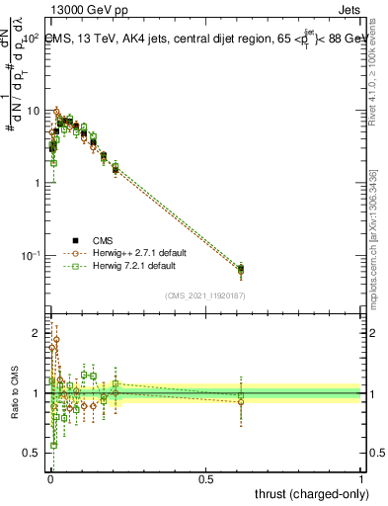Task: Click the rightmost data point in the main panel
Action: click(241, 268)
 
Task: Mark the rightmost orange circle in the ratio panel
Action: click(241, 402)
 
